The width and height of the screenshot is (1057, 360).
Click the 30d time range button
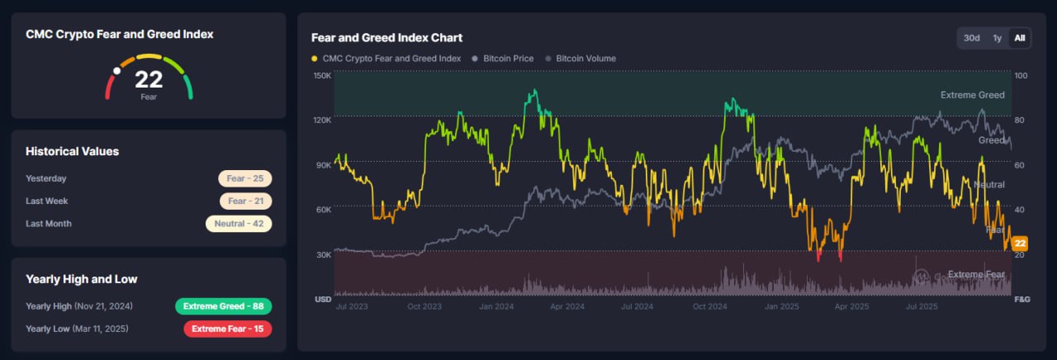(x=972, y=38)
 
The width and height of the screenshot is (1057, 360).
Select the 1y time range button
(x=998, y=38)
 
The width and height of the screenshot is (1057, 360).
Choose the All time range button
(x=1020, y=38)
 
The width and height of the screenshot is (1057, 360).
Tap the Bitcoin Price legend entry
(x=508, y=59)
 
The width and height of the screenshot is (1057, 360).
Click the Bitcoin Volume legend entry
(x=585, y=59)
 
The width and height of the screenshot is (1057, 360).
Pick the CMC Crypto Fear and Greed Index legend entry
(x=391, y=59)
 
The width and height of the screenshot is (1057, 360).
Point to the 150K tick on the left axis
(x=322, y=76)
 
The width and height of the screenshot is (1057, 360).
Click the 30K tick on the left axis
(x=322, y=254)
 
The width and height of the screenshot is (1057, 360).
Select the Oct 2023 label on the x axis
(x=424, y=306)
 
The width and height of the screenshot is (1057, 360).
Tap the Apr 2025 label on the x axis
(x=851, y=306)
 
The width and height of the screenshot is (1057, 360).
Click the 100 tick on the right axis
(x=1021, y=76)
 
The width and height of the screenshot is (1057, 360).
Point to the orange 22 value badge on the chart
(x=1020, y=243)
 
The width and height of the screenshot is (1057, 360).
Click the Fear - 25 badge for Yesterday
(x=245, y=178)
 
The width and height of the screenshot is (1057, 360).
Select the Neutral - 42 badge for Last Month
(x=239, y=223)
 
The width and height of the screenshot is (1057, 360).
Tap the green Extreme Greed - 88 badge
(x=223, y=306)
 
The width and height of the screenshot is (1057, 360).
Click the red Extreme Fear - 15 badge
(x=227, y=329)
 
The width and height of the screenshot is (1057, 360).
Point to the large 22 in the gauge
(x=149, y=79)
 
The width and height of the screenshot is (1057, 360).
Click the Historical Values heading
(x=72, y=151)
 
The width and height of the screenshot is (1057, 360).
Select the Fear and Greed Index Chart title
(x=386, y=37)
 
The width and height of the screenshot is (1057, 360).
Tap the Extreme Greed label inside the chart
(x=972, y=95)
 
